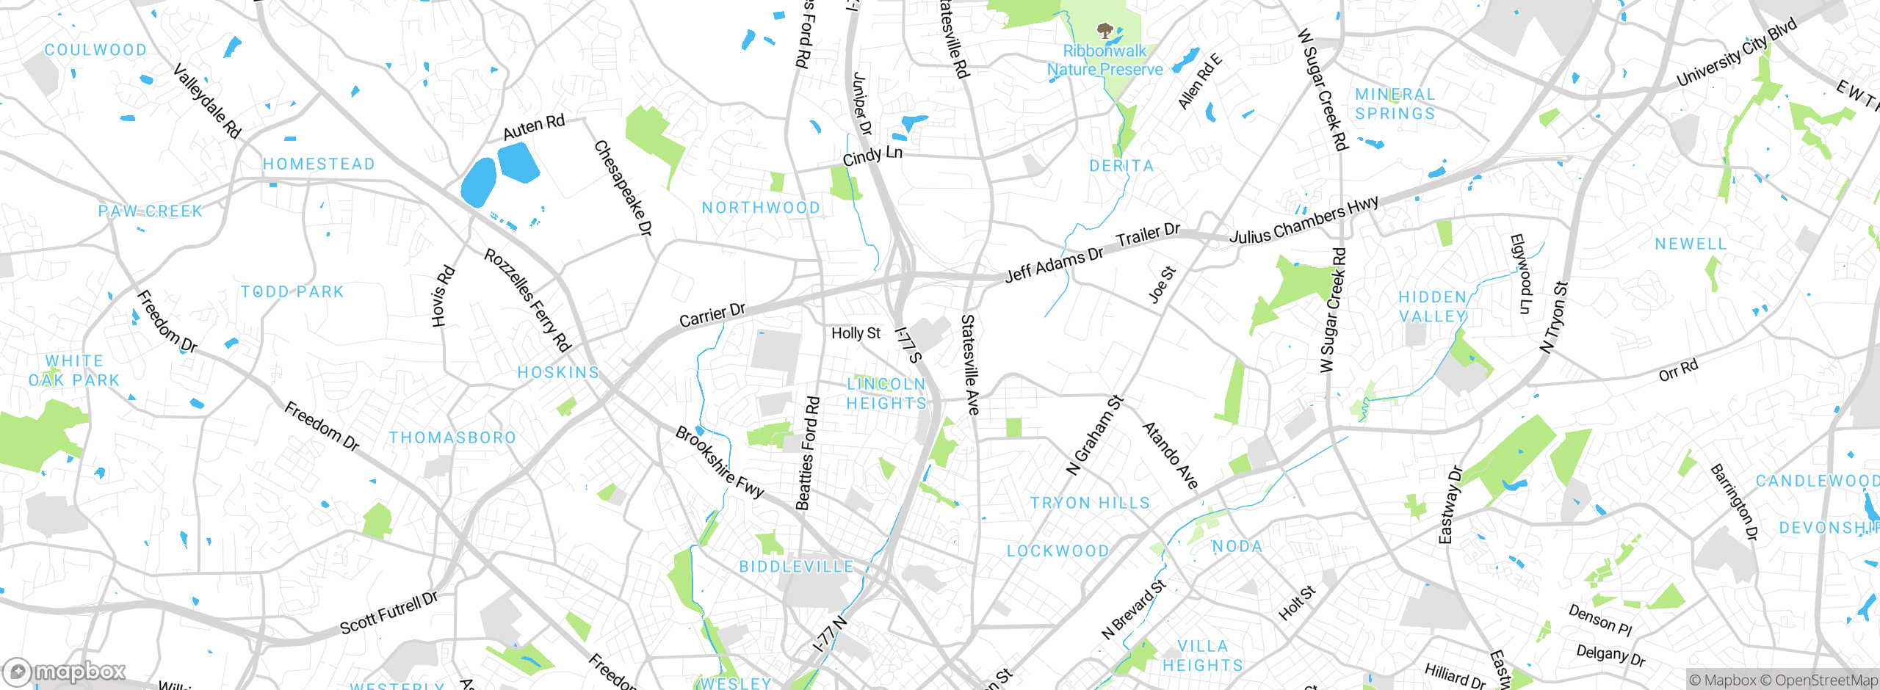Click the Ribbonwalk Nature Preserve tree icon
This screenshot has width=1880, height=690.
coord(1104,31)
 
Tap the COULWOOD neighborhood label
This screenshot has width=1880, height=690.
coord(95,50)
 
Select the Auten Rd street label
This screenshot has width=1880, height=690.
coord(534,128)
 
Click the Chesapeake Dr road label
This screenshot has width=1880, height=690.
coord(623,189)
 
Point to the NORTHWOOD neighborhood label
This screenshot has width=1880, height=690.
coord(761,208)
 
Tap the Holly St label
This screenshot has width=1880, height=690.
coord(856,333)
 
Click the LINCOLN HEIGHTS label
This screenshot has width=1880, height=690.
coord(886,393)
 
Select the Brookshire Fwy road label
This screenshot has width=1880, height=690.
coord(720,462)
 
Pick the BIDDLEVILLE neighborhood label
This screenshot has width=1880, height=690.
coord(796,567)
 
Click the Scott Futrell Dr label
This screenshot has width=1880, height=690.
coord(388,613)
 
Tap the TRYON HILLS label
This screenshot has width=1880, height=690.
coord(1090,503)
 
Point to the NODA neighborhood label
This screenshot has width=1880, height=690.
coord(1237,546)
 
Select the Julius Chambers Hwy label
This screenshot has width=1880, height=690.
coord(1304,220)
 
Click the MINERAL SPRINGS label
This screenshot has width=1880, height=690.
coord(1395,104)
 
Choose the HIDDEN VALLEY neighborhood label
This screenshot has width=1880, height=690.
coord(1433,307)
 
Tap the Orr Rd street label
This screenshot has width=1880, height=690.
coord(1679,370)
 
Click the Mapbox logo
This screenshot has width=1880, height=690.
coord(65,671)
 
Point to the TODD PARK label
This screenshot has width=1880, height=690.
coord(292,291)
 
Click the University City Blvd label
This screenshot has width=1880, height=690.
coord(1736,51)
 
